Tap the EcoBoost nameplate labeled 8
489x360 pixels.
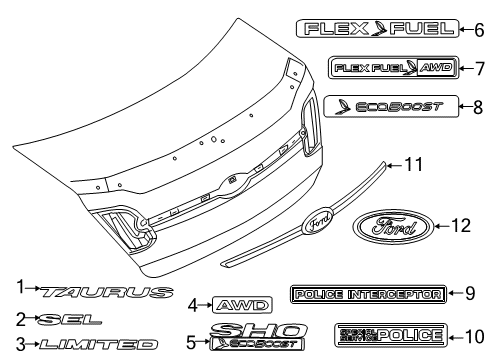coord(391,105)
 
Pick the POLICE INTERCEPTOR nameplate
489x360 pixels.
coord(365,293)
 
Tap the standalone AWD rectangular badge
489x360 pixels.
coord(236,304)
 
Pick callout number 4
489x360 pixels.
coord(193,304)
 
